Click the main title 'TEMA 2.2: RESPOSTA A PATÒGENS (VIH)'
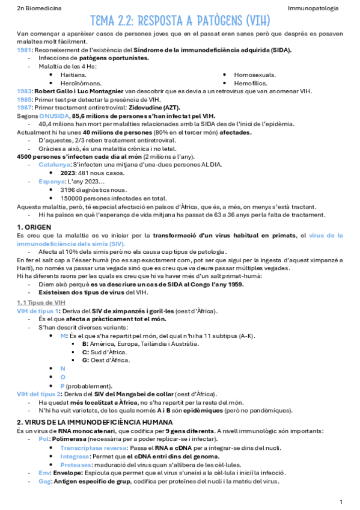[180, 22]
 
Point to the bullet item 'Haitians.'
[74, 75]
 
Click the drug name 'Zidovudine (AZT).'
[156, 107]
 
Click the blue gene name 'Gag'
[44, 482]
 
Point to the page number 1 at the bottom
[341, 501]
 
